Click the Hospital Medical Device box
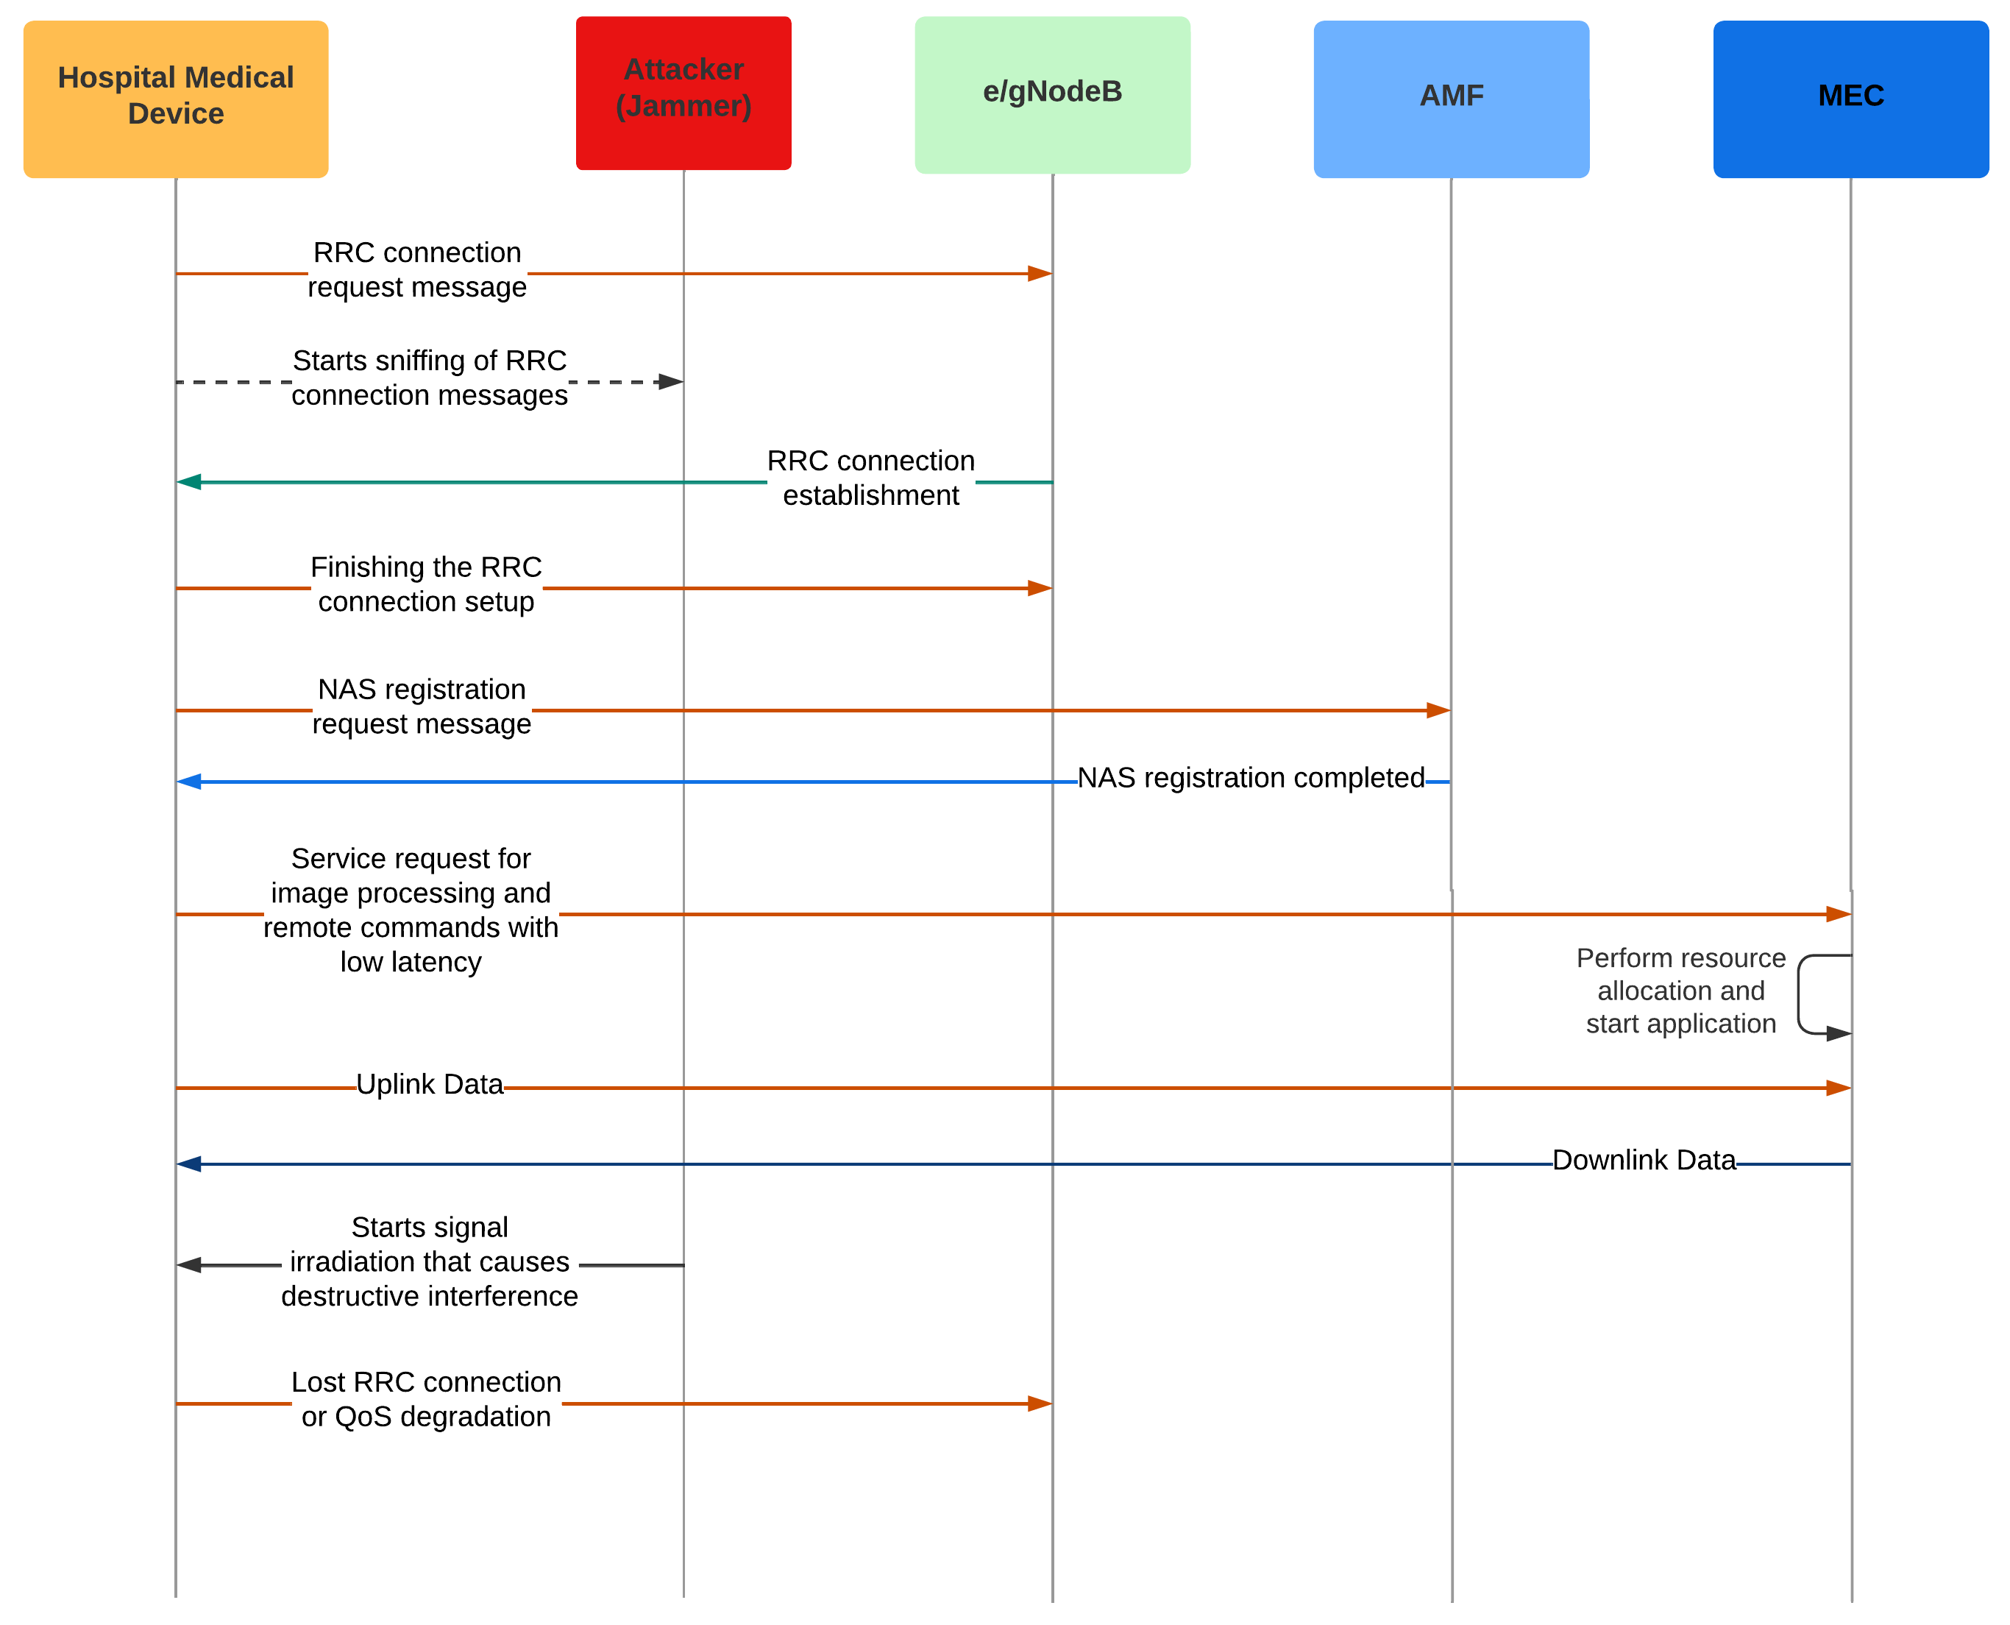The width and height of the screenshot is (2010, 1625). click(x=175, y=99)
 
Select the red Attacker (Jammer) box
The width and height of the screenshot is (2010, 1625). click(x=683, y=92)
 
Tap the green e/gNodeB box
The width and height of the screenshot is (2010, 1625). click(x=1052, y=93)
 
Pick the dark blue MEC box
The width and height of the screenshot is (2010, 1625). click(x=1850, y=99)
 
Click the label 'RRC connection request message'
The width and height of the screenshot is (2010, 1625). click(x=416, y=269)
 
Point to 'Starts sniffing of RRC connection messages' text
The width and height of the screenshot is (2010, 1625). click(x=430, y=378)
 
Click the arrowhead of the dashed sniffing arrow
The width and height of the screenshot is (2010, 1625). click(x=670, y=382)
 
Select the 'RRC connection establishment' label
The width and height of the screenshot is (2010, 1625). click(x=870, y=478)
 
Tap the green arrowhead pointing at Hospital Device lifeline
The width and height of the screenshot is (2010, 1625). click(x=190, y=482)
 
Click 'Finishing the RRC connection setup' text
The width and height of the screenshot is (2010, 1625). click(x=426, y=584)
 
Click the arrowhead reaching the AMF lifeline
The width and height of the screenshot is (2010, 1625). click(x=1438, y=710)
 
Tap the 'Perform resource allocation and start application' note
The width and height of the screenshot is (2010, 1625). click(x=1680, y=991)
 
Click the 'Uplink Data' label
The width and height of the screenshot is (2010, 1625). click(x=430, y=1084)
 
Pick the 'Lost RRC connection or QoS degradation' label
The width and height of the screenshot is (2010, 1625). click(x=426, y=1399)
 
